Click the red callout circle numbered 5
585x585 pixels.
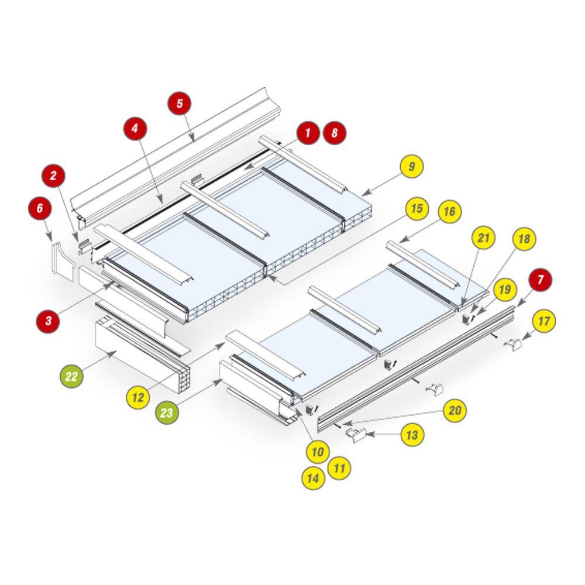pyautogui.click(x=180, y=104)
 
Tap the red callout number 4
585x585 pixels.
pyautogui.click(x=135, y=129)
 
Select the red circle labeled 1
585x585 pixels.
pyautogui.click(x=308, y=132)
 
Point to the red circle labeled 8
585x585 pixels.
pyautogui.click(x=335, y=132)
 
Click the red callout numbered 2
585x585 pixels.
pyautogui.click(x=53, y=175)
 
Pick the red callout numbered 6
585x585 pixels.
pyautogui.click(x=40, y=208)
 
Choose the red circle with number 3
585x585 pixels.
pyautogui.click(x=48, y=321)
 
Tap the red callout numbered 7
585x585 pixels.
pyautogui.click(x=541, y=280)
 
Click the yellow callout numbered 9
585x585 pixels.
pyautogui.click(x=411, y=166)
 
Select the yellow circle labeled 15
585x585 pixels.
pyautogui.click(x=417, y=208)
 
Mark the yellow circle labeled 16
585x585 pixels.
pyautogui.click(x=449, y=212)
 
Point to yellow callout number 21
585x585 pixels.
pyautogui.click(x=483, y=238)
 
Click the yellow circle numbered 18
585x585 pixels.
pyautogui.click(x=524, y=239)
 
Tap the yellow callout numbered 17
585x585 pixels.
pyautogui.click(x=543, y=321)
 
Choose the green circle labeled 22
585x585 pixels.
pyautogui.click(x=71, y=376)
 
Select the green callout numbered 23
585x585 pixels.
pyautogui.click(x=167, y=412)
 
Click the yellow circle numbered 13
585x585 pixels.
pyautogui.click(x=412, y=435)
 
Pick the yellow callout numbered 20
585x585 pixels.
pyautogui.click(x=455, y=411)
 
